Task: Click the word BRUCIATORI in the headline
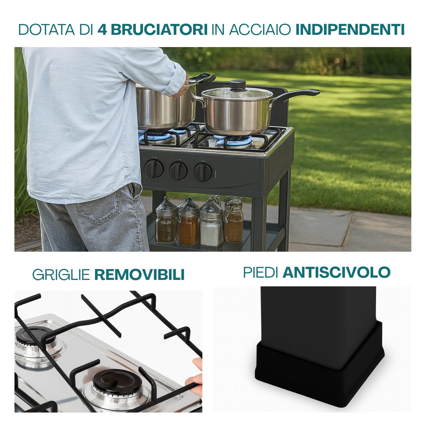point(159,29)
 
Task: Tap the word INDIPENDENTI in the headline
point(350,29)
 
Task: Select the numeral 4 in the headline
point(102,29)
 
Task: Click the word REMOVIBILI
point(139,274)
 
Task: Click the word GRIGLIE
point(61,274)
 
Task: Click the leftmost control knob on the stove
point(154,168)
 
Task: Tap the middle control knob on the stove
point(178,170)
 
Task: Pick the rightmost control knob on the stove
point(203,172)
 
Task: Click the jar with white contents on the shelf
point(211,224)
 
